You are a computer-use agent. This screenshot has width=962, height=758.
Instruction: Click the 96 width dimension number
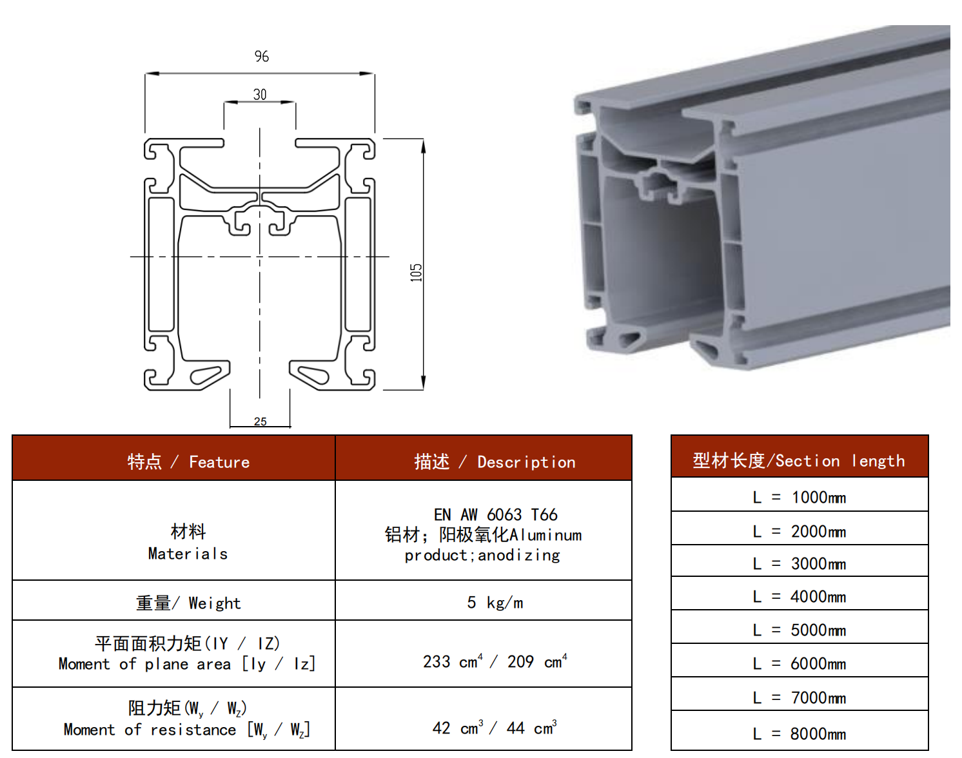pos(261,57)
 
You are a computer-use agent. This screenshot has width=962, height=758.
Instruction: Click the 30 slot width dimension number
pos(260,95)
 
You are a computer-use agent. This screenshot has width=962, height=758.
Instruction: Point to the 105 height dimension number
pos(417,273)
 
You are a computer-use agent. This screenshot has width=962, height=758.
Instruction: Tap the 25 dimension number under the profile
pos(260,422)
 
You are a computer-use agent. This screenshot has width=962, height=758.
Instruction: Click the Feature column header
pos(188,462)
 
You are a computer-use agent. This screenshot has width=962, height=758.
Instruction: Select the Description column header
pos(495,462)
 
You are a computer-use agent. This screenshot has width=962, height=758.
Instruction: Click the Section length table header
pos(799,460)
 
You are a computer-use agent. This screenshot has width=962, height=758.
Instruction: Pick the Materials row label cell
pos(188,542)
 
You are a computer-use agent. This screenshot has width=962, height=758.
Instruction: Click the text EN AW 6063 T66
pos(495,514)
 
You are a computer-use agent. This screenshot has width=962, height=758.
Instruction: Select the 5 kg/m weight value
pos(495,603)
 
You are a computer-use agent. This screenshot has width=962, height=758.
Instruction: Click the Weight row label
pos(188,603)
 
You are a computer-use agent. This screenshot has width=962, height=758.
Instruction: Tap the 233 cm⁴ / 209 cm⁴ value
pos(495,661)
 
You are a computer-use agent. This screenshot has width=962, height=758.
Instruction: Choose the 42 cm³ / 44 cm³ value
pos(495,728)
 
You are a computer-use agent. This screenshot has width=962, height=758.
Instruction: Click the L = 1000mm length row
pos(799,498)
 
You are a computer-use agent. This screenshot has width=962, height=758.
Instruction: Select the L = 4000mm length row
pos(799,597)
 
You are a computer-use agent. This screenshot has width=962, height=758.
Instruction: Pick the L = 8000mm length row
pos(799,734)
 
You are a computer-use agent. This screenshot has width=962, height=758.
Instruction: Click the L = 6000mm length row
pos(799,664)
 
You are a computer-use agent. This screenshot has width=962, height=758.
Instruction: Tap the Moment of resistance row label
pos(187,719)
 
